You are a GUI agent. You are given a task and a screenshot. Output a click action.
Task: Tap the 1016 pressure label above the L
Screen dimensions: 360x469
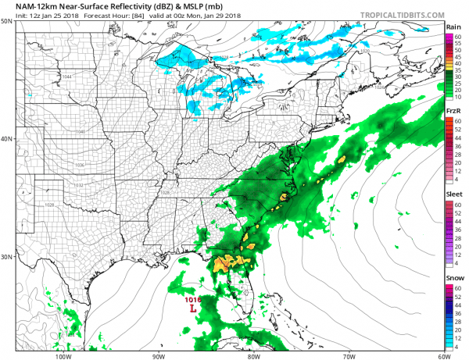point(193,298)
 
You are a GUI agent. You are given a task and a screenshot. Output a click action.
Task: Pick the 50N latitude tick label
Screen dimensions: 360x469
point(6,21)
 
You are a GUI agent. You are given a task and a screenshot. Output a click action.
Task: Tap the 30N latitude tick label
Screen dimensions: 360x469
point(6,257)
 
